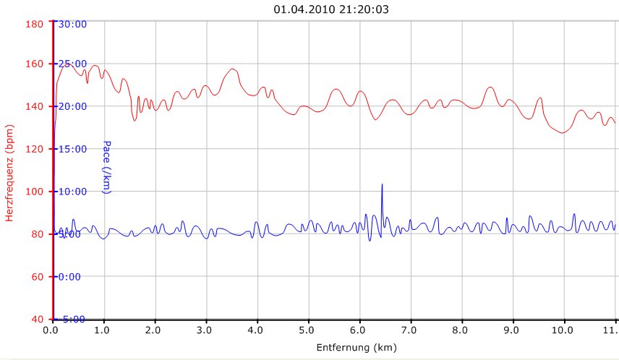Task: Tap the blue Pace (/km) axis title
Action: (x=106, y=167)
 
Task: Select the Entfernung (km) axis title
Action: (x=357, y=348)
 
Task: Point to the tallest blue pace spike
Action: (x=382, y=186)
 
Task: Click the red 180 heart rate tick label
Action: (x=35, y=23)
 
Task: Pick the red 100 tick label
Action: (x=35, y=192)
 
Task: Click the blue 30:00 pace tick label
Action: (x=72, y=24)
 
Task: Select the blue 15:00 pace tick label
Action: (x=72, y=149)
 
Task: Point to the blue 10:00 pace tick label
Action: (x=72, y=192)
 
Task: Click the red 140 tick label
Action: (x=35, y=106)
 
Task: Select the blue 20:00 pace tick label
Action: (x=72, y=106)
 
